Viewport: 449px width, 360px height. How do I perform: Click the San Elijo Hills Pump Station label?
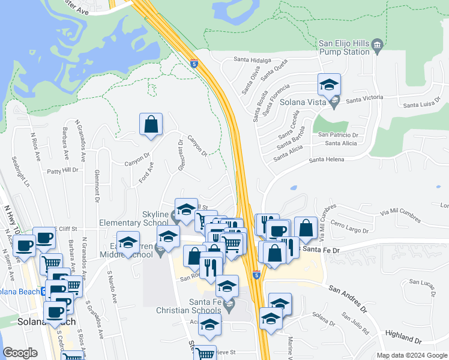pyautogui.click(x=343, y=47)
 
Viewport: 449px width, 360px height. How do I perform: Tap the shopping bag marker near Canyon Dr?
pyautogui.click(x=151, y=125)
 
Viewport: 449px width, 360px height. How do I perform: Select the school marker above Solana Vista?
pyautogui.click(x=329, y=85)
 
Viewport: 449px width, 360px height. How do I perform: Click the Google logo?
pyautogui.click(x=20, y=353)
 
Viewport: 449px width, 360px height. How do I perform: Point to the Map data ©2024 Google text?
pyautogui.click(x=411, y=355)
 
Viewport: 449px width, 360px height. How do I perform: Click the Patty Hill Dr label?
pyautogui.click(x=63, y=170)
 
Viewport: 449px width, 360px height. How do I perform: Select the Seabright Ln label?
pyautogui.click(x=18, y=172)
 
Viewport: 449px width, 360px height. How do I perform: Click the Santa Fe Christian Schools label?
pyautogui.click(x=189, y=305)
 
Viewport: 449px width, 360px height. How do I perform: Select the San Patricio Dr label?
pyautogui.click(x=338, y=135)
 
